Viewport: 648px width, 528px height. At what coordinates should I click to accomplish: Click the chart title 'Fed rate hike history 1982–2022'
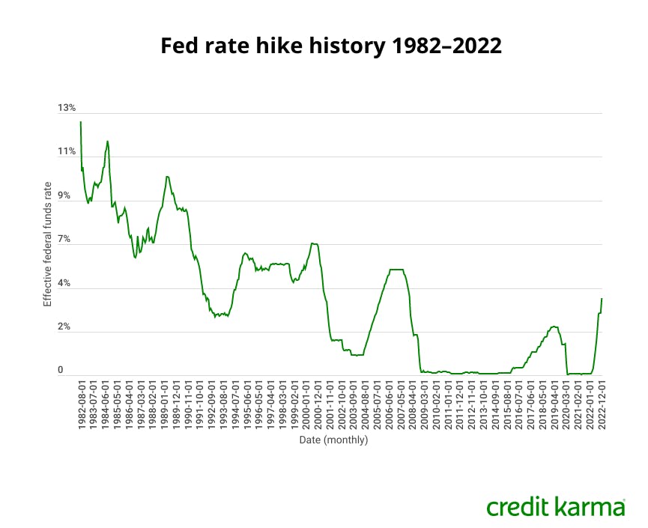click(324, 46)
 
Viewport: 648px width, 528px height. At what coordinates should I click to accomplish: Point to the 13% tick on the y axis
click(67, 108)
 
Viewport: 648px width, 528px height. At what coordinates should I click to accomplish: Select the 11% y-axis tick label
click(67, 151)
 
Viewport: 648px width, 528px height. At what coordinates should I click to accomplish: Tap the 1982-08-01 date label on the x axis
click(81, 404)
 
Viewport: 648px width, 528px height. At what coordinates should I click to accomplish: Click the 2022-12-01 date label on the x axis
click(602, 404)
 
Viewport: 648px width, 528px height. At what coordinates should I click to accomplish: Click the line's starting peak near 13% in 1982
click(81, 122)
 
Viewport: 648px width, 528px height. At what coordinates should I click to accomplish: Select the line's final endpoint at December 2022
click(602, 299)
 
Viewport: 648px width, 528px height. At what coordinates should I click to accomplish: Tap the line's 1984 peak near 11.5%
click(107, 141)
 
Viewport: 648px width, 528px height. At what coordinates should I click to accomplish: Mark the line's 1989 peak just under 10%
click(167, 177)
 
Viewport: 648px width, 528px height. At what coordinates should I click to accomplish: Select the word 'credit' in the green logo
click(518, 507)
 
